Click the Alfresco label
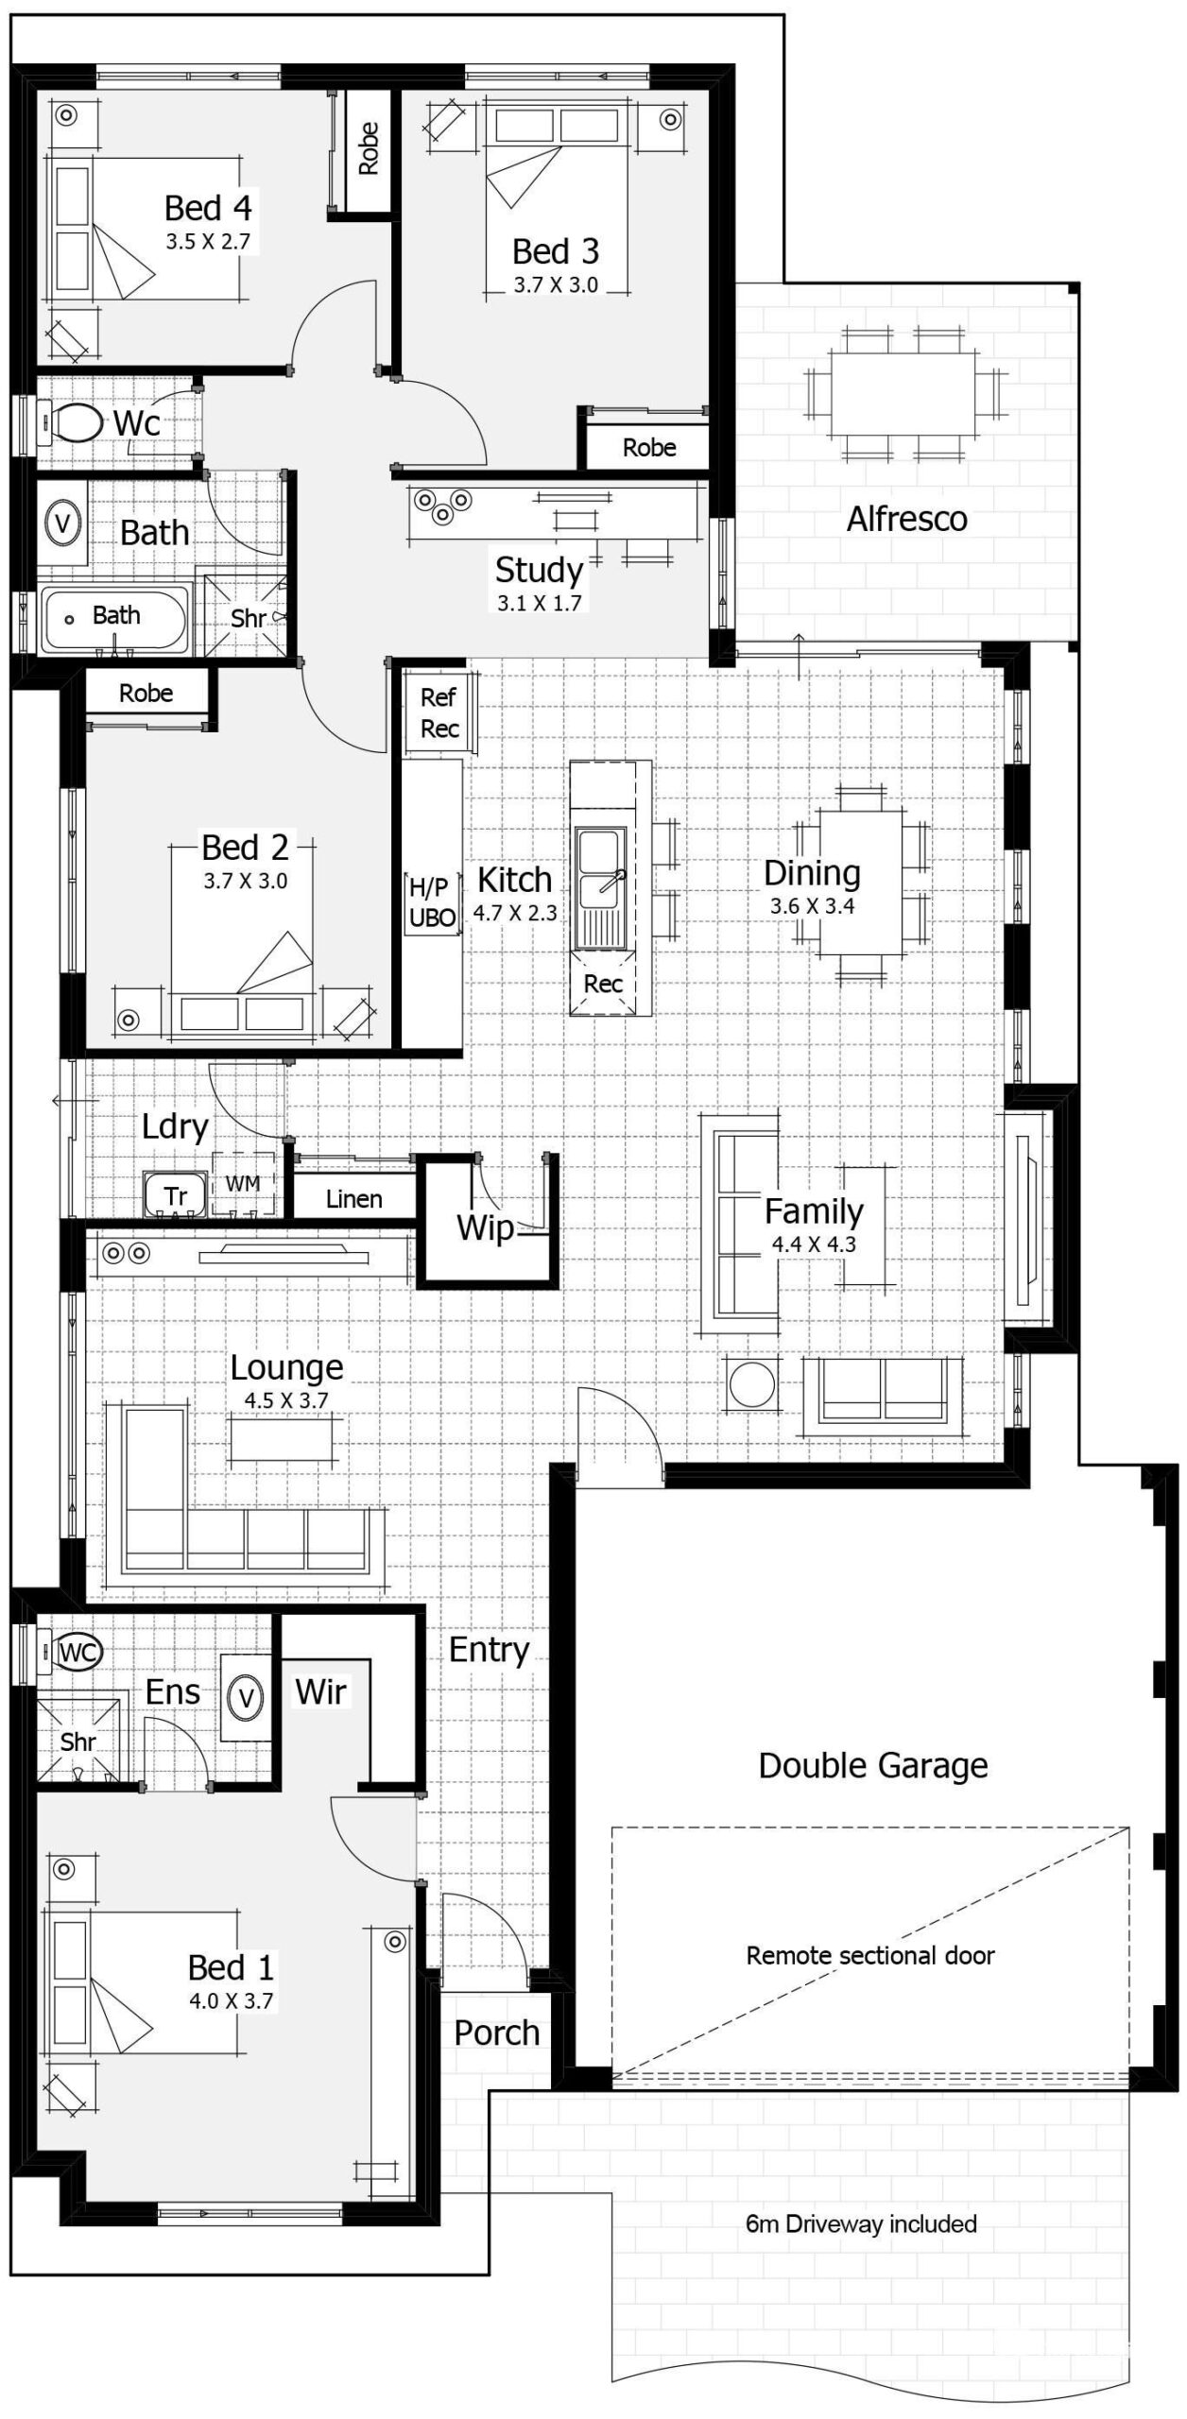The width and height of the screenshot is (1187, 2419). pos(906,519)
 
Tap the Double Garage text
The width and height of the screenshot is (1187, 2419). pos(873,1765)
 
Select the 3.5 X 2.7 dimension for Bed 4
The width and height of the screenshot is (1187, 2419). pos(208,241)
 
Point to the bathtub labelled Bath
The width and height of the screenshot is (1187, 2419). pos(114,619)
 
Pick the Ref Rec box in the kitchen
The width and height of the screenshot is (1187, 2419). pos(439,712)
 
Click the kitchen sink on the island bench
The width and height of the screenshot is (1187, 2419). pos(600,888)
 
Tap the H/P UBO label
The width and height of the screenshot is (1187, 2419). pos(432,901)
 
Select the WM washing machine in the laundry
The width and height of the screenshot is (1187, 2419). pos(243,1184)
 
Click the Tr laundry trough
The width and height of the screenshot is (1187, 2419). pos(175,1194)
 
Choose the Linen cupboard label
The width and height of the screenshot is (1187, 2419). pos(353,1199)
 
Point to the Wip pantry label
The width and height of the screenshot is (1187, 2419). pos(485,1227)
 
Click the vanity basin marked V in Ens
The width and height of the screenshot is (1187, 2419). pos(246,1698)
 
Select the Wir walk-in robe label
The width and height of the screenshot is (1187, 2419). pos(320,1691)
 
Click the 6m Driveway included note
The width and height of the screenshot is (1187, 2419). pos(861,2223)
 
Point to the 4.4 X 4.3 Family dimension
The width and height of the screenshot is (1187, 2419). pos(814,1244)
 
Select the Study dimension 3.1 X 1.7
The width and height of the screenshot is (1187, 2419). pos(539,602)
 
